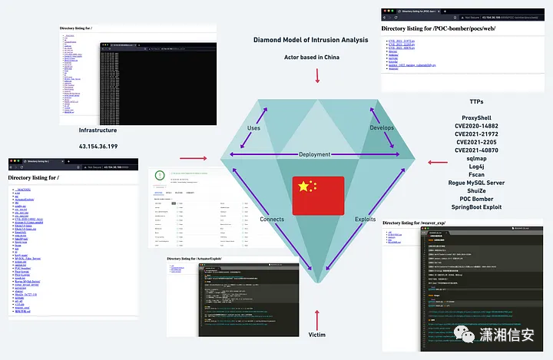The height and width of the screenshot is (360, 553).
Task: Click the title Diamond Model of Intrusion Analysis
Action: click(x=317, y=39)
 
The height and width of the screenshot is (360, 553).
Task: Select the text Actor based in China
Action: click(x=317, y=57)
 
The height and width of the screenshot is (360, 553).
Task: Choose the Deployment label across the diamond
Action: click(x=315, y=154)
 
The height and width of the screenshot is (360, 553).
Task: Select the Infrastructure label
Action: click(x=98, y=130)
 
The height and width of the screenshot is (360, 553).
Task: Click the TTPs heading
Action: click(x=476, y=102)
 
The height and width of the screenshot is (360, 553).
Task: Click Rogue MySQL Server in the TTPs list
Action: click(x=475, y=183)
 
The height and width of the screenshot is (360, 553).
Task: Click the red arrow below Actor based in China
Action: click(x=317, y=74)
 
